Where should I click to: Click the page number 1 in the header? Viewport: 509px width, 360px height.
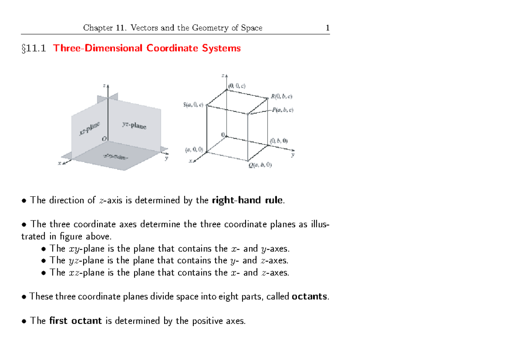click(x=327, y=28)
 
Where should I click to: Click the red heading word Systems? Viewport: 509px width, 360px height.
click(x=221, y=48)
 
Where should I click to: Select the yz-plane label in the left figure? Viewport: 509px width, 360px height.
click(x=134, y=125)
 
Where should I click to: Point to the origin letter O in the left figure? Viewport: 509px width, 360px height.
click(x=104, y=139)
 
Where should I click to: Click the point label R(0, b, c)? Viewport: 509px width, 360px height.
click(x=281, y=97)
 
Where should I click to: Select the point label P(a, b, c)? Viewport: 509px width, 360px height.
click(x=282, y=110)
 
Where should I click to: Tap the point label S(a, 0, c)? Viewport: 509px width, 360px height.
click(x=193, y=105)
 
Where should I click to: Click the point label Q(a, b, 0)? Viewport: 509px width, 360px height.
click(x=260, y=165)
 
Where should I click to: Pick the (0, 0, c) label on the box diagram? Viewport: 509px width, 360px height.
click(x=237, y=86)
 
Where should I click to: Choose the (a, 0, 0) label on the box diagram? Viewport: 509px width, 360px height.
click(x=194, y=149)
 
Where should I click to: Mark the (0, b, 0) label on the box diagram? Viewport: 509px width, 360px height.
click(x=278, y=141)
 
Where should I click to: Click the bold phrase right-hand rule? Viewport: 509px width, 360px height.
click(x=246, y=201)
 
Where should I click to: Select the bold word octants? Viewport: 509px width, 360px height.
click(x=310, y=296)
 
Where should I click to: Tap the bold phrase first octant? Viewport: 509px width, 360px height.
click(x=76, y=321)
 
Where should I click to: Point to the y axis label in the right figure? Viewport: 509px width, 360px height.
click(x=292, y=155)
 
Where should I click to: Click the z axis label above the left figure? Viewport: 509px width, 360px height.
click(x=104, y=85)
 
